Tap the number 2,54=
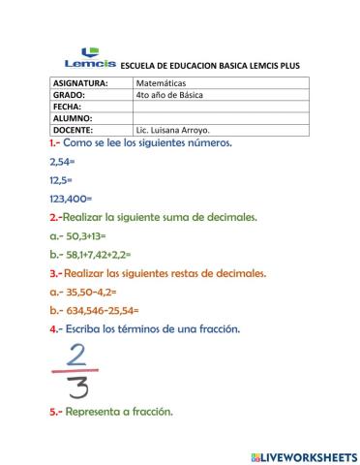point(61,162)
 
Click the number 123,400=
point(70,198)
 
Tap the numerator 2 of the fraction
point(76,353)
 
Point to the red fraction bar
point(76,369)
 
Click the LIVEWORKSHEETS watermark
point(303,455)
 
